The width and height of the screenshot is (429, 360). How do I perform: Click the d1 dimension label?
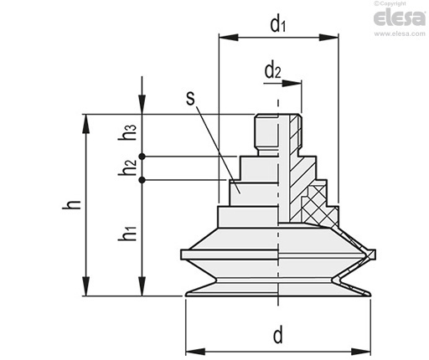277,24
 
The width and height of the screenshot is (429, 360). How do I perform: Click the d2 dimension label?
272,71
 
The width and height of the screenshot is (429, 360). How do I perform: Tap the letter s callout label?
190,99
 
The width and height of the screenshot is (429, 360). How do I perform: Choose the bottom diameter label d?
278,336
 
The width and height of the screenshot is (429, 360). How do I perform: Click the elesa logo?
400,18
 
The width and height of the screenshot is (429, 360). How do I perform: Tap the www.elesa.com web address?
400,33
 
